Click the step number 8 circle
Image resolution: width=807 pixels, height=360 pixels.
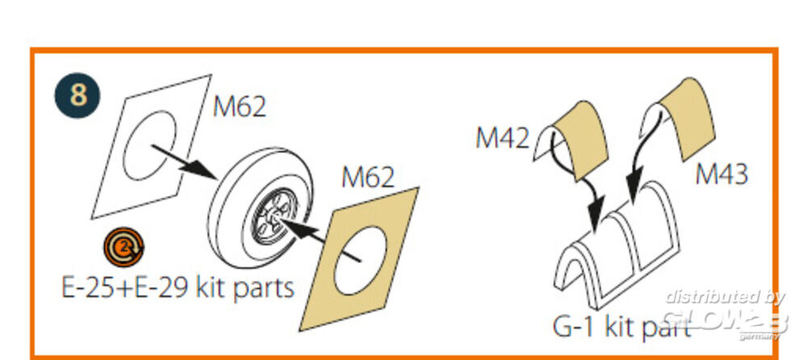click(x=77, y=95)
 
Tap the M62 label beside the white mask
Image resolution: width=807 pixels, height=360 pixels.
click(x=240, y=107)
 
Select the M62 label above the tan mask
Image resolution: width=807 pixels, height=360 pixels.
click(x=368, y=178)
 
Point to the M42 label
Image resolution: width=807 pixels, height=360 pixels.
click(x=502, y=138)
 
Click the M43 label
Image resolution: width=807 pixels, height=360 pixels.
click(x=721, y=174)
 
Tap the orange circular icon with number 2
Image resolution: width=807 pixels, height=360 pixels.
click(x=123, y=247)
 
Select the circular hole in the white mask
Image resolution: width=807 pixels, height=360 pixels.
click(x=150, y=145)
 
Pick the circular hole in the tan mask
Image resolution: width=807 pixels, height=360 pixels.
click(x=360, y=260)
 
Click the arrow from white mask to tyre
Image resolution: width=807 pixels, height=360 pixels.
click(x=184, y=161)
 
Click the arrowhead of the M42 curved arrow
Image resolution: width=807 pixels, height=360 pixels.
click(x=596, y=216)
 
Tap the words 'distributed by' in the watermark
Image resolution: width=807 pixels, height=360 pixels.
click(x=725, y=297)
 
